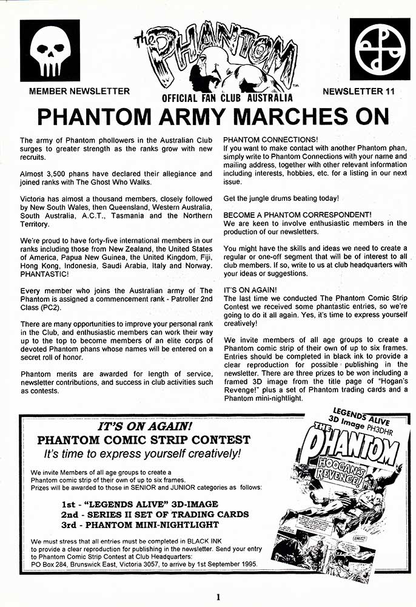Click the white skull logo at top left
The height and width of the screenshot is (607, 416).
tap(50, 50)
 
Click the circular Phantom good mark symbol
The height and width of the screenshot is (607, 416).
tap(380, 50)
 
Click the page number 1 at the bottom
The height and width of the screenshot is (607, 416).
tap(217, 597)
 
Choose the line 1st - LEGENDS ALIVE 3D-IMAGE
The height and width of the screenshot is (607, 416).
tap(140, 504)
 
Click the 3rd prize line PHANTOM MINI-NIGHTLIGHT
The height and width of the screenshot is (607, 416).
tap(140, 524)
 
